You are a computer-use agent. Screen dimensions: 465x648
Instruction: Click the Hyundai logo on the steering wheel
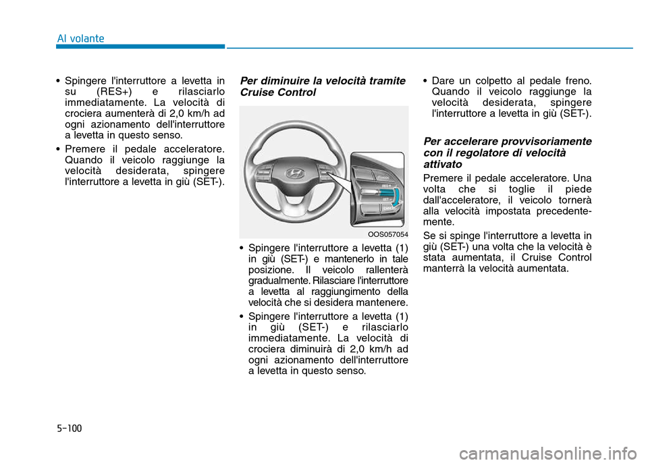click(x=295, y=173)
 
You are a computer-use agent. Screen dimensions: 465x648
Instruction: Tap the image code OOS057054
click(x=388, y=234)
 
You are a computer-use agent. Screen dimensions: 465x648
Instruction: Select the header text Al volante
click(x=80, y=38)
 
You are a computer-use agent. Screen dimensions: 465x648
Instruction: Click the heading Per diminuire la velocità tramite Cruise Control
click(x=323, y=86)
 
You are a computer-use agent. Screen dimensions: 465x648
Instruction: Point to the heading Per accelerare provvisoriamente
click(x=507, y=141)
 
